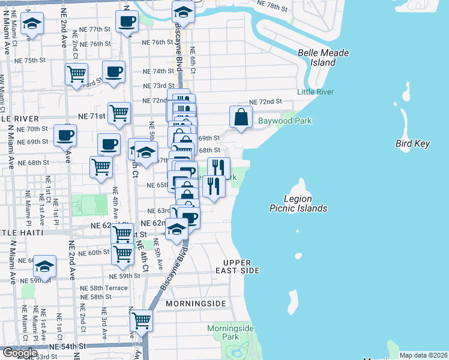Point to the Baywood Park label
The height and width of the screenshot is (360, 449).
pyautogui.click(x=285, y=121)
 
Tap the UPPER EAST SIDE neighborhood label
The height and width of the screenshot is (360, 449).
pyautogui.click(x=241, y=267)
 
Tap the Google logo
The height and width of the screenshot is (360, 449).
pyautogui.click(x=20, y=353)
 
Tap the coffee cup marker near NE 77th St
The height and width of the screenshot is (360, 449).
pyautogui.click(x=127, y=22)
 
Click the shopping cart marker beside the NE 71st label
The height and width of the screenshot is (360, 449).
pyautogui.click(x=119, y=112)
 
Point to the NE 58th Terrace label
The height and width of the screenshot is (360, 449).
pyautogui.click(x=104, y=288)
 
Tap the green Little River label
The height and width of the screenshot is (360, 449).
pyautogui.click(x=314, y=92)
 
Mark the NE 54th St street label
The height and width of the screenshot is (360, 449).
pyautogui.click(x=69, y=347)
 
